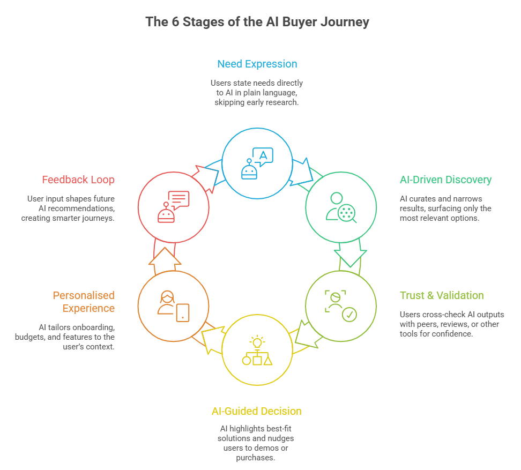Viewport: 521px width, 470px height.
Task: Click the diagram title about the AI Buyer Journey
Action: point(257,22)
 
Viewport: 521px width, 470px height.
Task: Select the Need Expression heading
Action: point(257,64)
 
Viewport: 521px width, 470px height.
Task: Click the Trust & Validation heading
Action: point(442,295)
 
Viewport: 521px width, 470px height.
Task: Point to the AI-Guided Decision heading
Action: point(257,411)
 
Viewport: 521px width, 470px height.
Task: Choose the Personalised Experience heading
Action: point(83,302)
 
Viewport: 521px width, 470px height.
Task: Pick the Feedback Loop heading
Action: point(78,180)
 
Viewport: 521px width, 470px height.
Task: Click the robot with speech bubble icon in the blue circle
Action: point(257,163)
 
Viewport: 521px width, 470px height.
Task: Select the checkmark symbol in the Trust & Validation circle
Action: point(349,315)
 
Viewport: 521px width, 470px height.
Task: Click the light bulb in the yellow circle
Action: point(257,341)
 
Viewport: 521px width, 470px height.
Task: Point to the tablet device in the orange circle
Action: point(183,312)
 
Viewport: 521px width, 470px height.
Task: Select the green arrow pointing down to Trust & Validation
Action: point(349,258)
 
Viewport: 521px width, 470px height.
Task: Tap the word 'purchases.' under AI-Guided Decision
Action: point(257,458)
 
